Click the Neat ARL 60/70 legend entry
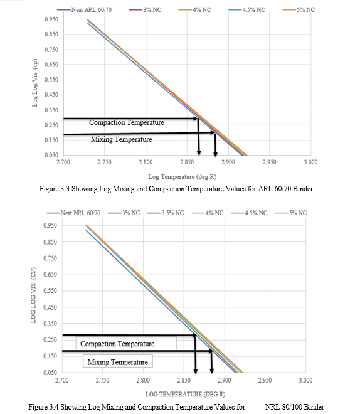(85, 10)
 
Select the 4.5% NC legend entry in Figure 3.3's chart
(247, 10)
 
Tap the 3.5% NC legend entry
(166, 213)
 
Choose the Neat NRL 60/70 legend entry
(73, 213)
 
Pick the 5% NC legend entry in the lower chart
(291, 213)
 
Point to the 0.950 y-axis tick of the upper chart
(51, 19)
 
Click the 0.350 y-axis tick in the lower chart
(50, 324)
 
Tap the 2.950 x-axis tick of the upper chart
(269, 162)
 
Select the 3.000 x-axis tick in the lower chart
(305, 381)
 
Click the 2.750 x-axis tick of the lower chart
(102, 381)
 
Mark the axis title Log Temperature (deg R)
(182, 177)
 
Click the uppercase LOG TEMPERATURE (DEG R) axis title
(185, 394)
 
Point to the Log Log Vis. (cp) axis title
(35, 83)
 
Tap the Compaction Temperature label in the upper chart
(127, 122)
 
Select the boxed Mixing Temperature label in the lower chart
(118, 362)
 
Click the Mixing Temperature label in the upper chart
(122, 139)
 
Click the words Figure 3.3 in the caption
(55, 189)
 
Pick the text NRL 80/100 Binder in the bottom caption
(295, 407)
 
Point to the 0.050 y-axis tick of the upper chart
(51, 156)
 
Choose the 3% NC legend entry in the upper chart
(145, 10)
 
